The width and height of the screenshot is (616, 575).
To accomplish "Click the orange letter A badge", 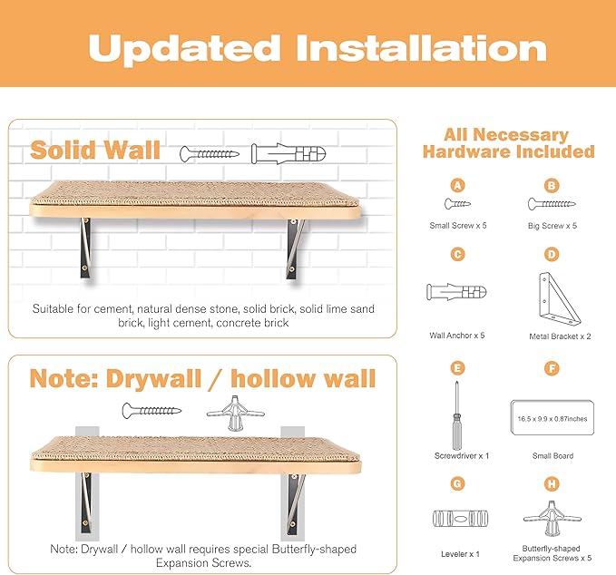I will [458, 185].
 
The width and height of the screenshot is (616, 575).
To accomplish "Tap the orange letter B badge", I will [551, 185].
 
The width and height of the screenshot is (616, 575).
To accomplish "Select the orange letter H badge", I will [551, 482].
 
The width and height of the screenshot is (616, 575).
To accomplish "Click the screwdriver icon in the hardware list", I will [459, 412].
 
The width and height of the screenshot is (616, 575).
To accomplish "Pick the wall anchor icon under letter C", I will [456, 293].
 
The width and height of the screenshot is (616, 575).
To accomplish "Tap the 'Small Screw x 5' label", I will [458, 225].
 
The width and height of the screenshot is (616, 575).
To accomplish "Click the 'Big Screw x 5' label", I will [552, 225].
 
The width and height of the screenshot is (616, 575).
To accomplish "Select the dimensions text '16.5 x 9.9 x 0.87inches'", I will [551, 419].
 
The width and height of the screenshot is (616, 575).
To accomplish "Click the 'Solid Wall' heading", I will [95, 150].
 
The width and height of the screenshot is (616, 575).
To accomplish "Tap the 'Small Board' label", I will [551, 456].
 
